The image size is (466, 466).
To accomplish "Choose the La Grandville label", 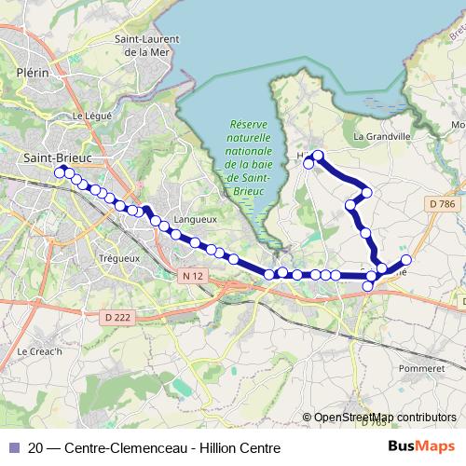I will coord(382,136).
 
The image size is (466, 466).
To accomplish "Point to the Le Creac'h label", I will coord(39,351).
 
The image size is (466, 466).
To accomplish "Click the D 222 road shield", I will coord(117,319).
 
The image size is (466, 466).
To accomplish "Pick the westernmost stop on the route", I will coord(60,172).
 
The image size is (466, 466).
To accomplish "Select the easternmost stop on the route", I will coord(406,260).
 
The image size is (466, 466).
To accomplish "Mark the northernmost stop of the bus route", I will coord(319,156).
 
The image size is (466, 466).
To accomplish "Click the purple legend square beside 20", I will coord(13,447).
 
